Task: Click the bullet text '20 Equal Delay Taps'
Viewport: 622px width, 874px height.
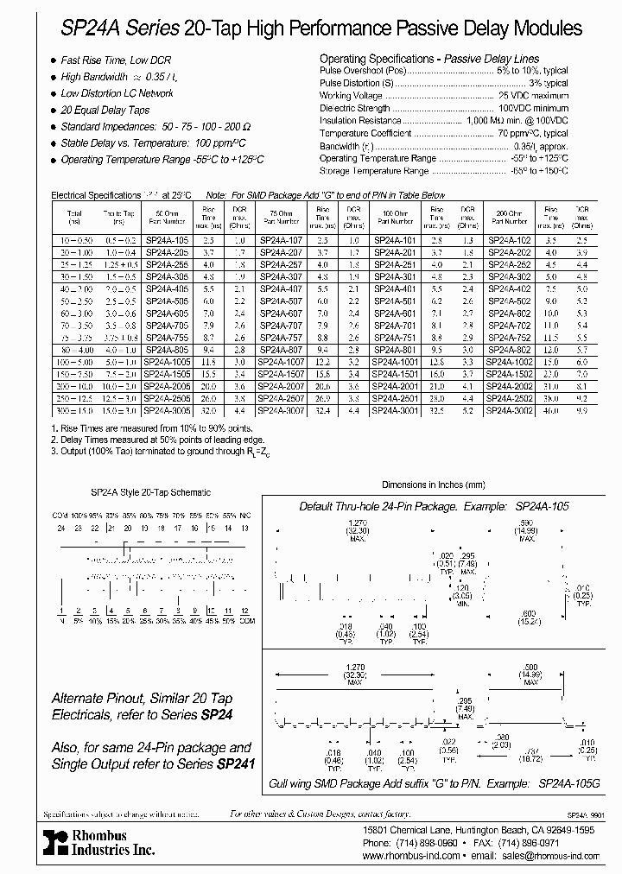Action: point(105,110)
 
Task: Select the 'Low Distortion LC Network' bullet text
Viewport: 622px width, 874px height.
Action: point(117,93)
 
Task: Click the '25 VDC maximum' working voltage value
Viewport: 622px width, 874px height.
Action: point(533,95)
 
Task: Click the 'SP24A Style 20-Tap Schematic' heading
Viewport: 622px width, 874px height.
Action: point(151,491)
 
